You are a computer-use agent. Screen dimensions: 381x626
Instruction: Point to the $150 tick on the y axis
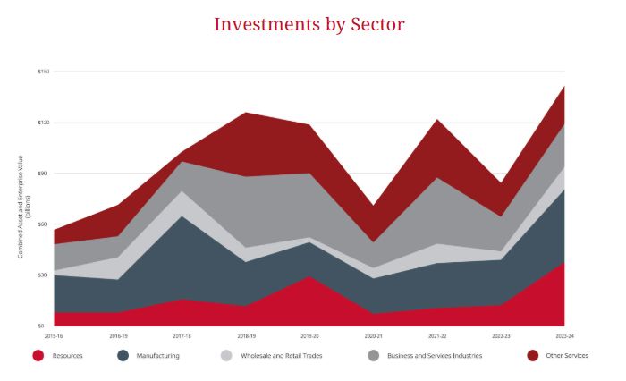44,72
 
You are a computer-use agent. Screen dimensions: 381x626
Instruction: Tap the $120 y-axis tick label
44,123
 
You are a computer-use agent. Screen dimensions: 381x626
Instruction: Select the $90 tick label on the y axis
45,174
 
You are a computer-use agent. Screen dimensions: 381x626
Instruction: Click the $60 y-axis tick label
45,224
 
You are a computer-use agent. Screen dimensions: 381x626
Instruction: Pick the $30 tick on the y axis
45,275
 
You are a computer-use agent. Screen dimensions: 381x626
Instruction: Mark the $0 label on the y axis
46,326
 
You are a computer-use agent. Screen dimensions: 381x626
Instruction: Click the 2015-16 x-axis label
54,336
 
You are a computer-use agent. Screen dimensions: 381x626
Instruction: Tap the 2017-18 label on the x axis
182,336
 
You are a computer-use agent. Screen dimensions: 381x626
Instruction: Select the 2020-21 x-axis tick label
373,336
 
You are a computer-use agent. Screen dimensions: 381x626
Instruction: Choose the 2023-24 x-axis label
564,336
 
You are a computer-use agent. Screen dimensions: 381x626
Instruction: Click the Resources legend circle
38,356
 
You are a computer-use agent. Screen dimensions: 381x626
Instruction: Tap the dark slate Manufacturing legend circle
123,356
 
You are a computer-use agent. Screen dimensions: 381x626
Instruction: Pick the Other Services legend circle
532,356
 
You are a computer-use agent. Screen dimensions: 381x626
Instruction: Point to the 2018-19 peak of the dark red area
245,114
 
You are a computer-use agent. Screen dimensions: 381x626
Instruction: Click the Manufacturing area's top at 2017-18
182,217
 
